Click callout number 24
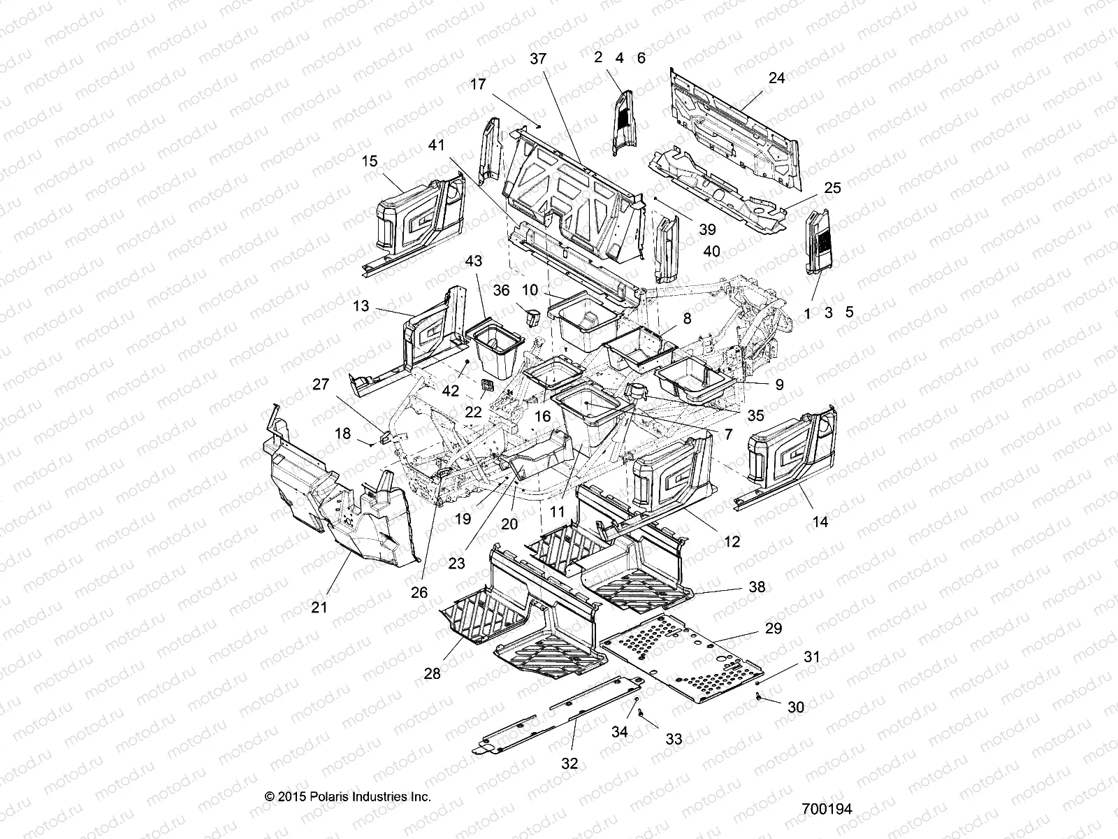[776, 78]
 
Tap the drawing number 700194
[827, 809]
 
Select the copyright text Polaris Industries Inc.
[347, 796]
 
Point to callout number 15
[370, 161]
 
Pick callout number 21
[319, 608]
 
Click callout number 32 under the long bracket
[569, 763]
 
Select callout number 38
[757, 587]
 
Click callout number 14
[820, 522]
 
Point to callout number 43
[474, 261]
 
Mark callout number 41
[437, 145]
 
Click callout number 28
[433, 673]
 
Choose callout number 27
[320, 385]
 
